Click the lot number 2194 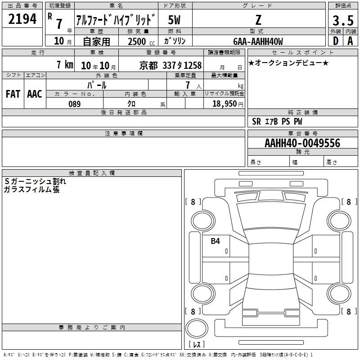[x=22, y=19]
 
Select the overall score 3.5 [x=343, y=20]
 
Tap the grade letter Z [x=258, y=20]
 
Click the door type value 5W [x=174, y=20]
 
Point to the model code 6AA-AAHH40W [x=258, y=41]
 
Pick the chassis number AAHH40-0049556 [x=302, y=143]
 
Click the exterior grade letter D [x=336, y=41]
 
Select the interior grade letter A [x=350, y=41]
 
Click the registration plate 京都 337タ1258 [x=171, y=65]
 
